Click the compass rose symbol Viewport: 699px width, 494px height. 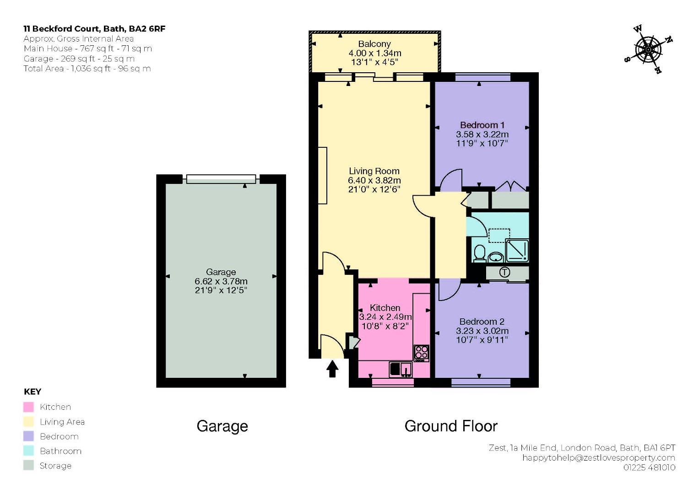point(649,49)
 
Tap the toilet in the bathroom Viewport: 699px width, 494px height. point(479,253)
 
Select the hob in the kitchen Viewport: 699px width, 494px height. point(422,353)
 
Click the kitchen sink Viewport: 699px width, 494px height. point(401,369)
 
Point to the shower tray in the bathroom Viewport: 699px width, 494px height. point(517,251)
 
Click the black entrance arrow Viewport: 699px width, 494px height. point(332,369)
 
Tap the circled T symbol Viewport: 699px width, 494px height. point(504,272)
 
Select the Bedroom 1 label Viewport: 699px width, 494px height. point(482,125)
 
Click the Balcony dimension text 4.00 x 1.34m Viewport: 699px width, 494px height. point(375,53)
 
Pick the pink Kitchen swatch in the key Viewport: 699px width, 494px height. point(28,407)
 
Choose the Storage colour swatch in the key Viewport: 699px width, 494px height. point(28,465)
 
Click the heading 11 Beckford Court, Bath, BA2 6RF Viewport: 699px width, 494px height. point(94,29)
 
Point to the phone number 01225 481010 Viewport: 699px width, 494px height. point(650,467)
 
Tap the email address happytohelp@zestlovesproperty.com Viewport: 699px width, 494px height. point(599,458)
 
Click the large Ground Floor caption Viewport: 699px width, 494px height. point(451,426)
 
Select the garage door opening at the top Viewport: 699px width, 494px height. point(221,179)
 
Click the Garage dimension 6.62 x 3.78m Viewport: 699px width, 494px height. point(221,281)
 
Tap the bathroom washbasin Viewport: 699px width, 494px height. point(495,257)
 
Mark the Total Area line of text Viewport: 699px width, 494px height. point(87,69)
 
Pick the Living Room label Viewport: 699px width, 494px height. point(374,171)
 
